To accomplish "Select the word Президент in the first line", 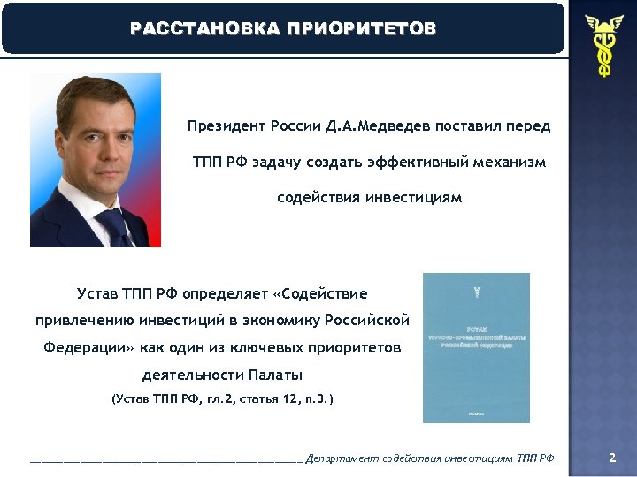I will pyautogui.click(x=226, y=126).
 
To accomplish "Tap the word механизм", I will pyautogui.click(x=510, y=163).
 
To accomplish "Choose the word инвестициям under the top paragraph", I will pyautogui.click(x=416, y=197).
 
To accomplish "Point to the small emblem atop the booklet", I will pyautogui.click(x=477, y=289).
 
